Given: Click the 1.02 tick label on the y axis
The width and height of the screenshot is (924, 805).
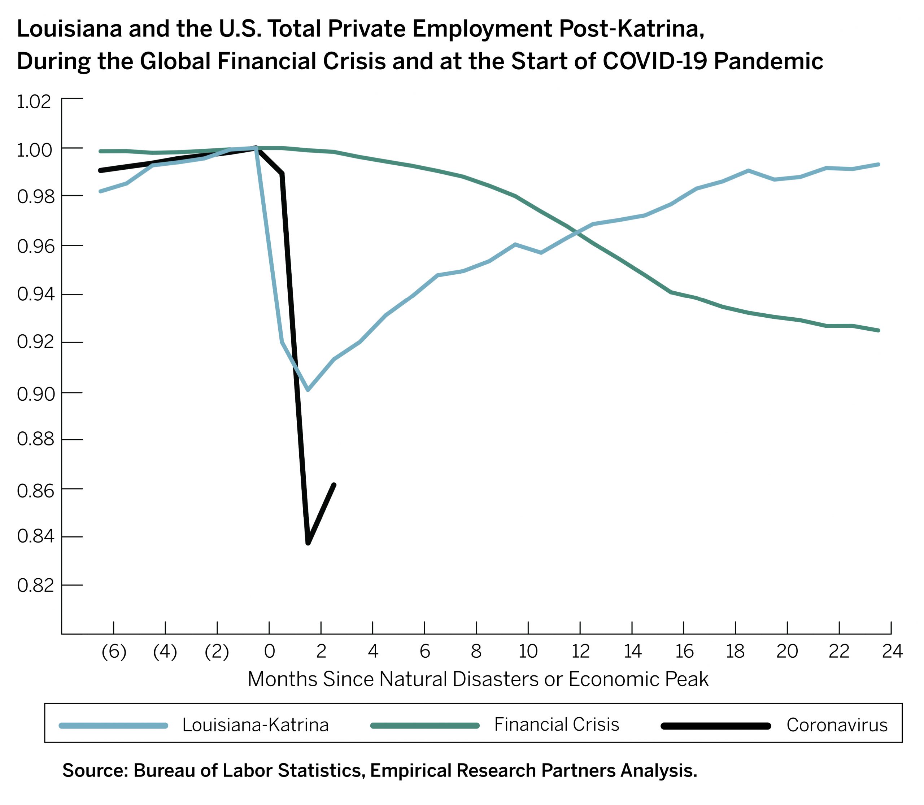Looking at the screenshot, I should point(34,102).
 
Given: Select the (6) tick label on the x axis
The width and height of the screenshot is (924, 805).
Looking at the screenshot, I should point(114,651).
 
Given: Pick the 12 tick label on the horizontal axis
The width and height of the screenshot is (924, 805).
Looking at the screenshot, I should point(580,651).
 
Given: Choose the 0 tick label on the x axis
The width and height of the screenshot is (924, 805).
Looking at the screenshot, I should point(269,651).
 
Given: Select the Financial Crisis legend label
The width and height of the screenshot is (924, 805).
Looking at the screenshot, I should point(557,724).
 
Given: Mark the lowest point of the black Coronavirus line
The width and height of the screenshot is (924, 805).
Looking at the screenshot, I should point(308,543).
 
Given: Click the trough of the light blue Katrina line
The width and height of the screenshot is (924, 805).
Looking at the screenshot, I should point(308,390).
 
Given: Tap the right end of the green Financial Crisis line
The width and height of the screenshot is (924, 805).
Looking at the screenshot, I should point(878,330).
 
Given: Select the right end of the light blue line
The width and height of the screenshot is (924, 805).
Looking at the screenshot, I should point(878,164).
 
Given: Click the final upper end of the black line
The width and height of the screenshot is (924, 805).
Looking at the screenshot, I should point(334,485).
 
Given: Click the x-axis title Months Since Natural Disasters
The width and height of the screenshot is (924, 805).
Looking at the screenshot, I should point(478,679).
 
